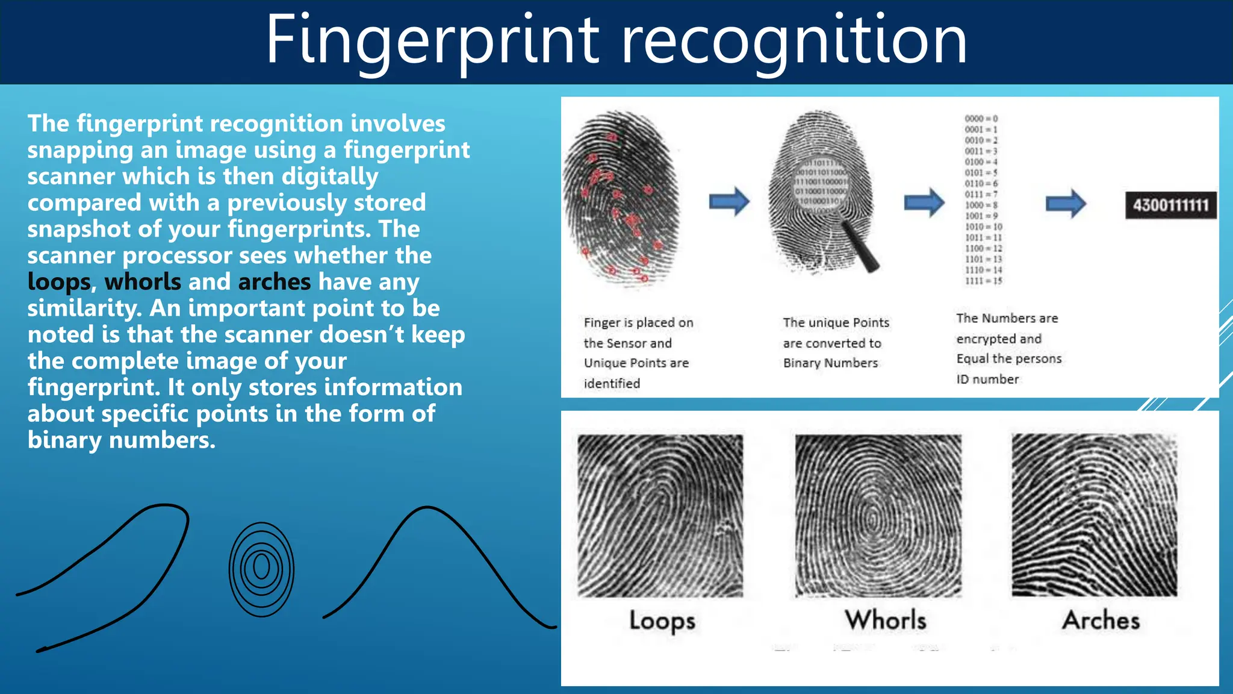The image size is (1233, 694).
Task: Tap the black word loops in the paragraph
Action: click(59, 282)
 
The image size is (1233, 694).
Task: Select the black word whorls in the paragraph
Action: click(143, 282)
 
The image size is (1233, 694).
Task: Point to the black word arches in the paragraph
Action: click(275, 282)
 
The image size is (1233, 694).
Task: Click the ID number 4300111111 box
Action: click(1170, 205)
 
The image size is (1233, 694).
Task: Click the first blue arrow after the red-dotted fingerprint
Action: click(729, 202)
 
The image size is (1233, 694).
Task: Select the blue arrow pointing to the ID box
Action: click(1066, 204)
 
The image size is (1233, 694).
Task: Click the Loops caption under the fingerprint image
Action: click(662, 621)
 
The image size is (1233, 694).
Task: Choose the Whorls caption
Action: click(885, 621)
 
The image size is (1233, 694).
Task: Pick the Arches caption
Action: click(1101, 621)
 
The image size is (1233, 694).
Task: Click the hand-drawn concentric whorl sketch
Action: click(261, 569)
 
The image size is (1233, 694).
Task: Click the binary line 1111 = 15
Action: click(984, 281)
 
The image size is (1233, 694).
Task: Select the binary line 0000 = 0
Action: click(981, 119)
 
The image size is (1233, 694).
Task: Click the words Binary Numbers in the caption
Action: click(830, 363)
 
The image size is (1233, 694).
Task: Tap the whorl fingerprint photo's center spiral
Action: click(873, 519)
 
